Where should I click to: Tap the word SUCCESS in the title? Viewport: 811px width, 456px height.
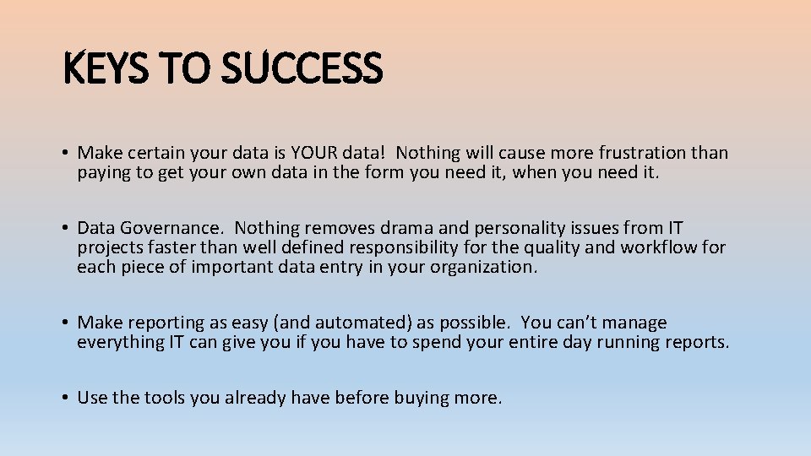point(302,68)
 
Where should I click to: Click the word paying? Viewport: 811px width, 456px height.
point(103,173)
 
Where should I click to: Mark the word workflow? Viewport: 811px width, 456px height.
point(658,247)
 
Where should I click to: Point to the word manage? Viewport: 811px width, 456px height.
point(635,323)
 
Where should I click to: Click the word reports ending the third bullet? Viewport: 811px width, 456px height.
point(697,342)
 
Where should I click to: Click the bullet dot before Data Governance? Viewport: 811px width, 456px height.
point(64,228)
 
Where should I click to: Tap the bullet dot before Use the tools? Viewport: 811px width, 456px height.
point(64,398)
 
